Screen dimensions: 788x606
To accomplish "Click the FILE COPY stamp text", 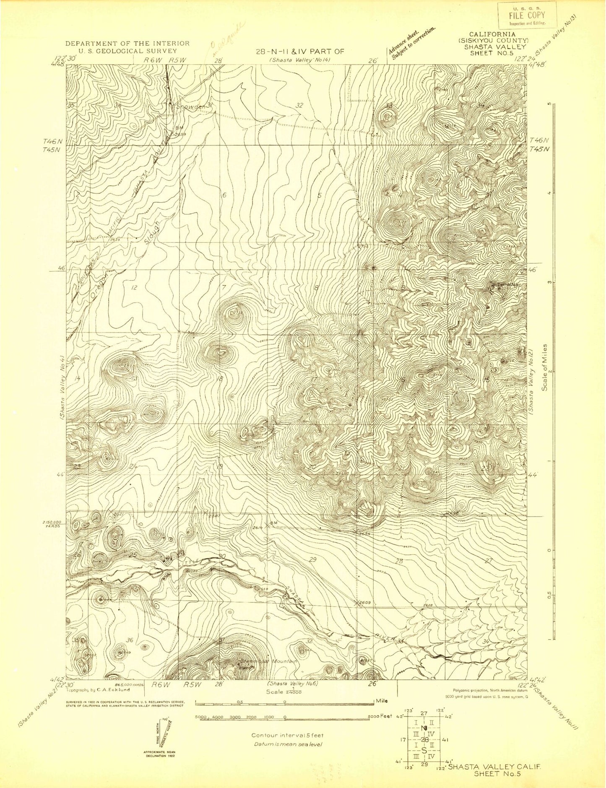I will coord(527,16).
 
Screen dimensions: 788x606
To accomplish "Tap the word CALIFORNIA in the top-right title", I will coord(492,34).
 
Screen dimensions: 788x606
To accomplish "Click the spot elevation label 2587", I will coord(214,516).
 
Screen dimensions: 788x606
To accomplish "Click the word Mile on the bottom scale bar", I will coord(382,701).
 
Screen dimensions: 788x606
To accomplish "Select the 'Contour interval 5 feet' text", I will coord(287,735).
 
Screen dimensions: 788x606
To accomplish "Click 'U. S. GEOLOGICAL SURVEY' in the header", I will coord(127,51).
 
